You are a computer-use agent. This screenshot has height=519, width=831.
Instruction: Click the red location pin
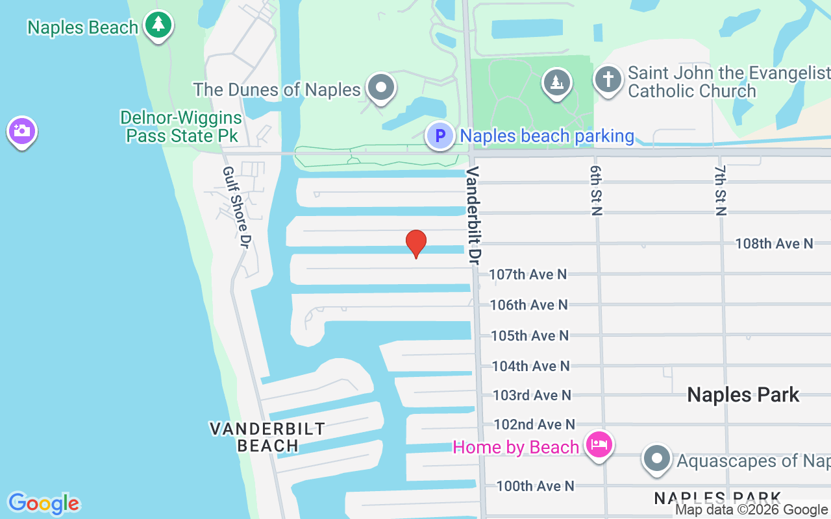[x=416, y=243]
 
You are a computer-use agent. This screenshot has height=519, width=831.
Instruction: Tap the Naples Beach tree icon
[x=158, y=25]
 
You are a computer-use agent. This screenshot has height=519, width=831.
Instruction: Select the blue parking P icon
[x=440, y=136]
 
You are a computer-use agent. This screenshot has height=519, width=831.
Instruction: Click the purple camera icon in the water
[x=21, y=130]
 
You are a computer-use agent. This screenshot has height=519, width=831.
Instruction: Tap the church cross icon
[x=608, y=80]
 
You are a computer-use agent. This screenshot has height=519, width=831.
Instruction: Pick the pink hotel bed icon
[x=599, y=445]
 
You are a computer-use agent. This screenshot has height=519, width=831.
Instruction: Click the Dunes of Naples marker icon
[x=381, y=87]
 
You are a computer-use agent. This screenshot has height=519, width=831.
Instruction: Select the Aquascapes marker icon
[x=657, y=459]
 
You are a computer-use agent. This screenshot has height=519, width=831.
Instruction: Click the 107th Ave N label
[x=528, y=274]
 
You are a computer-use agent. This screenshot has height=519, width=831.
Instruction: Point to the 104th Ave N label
[x=530, y=366]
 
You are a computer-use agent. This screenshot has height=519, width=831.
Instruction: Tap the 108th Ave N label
[x=774, y=243]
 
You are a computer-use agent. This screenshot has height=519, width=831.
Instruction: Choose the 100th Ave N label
[x=535, y=485]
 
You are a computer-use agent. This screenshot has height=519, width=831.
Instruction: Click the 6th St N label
[x=597, y=189]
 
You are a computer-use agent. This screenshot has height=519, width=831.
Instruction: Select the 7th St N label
[x=721, y=189]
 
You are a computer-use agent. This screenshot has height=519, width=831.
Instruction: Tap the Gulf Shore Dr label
[x=236, y=206]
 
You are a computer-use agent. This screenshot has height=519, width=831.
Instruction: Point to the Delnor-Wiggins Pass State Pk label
[x=180, y=127]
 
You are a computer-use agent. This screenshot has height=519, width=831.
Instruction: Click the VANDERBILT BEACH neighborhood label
[x=267, y=437]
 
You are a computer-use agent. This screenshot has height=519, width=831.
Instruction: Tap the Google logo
[x=43, y=503]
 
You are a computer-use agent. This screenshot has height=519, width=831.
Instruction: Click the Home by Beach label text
[x=515, y=447]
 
